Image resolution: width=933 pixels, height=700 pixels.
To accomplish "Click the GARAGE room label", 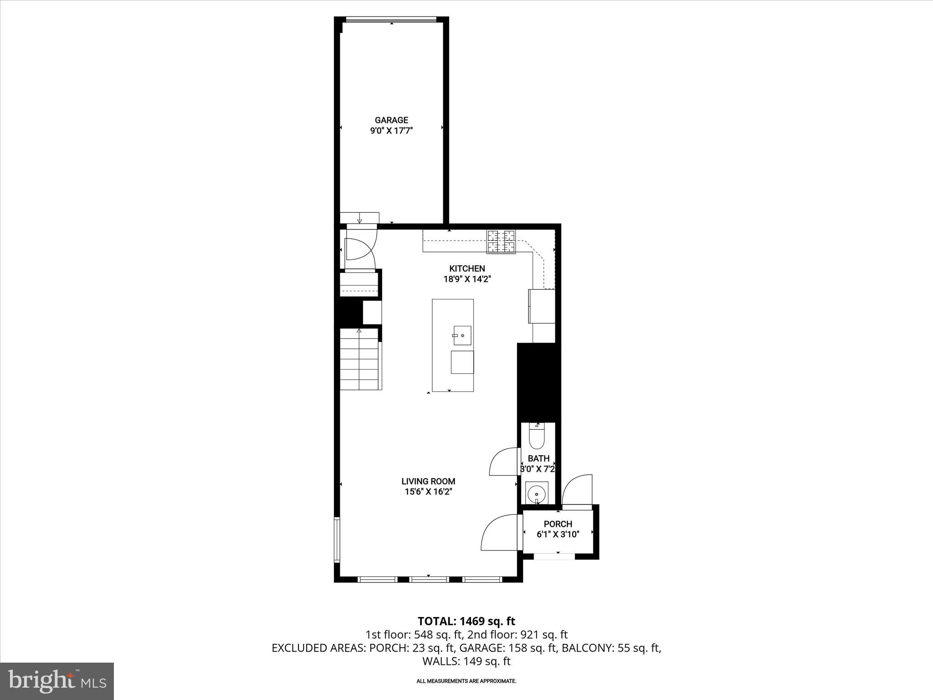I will (x=391, y=120).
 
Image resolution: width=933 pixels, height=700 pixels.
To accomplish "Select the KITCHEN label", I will (x=467, y=269).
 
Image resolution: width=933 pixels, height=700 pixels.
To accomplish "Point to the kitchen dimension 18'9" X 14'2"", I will (x=467, y=279).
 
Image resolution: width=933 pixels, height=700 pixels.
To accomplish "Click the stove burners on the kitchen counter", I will (x=502, y=242).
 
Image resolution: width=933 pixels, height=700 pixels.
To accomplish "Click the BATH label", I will (x=538, y=458).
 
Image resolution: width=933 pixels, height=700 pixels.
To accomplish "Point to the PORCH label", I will (x=558, y=524).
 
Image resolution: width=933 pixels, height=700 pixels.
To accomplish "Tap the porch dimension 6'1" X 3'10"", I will (x=558, y=535).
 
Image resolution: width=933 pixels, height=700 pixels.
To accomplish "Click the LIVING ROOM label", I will (x=428, y=481).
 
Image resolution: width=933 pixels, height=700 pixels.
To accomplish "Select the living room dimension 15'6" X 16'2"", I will (x=428, y=492).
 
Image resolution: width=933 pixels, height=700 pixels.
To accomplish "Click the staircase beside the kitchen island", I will (x=359, y=360).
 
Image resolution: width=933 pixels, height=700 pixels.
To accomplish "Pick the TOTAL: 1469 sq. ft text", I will (x=466, y=621).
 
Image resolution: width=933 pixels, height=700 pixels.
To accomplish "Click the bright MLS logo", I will (x=57, y=681).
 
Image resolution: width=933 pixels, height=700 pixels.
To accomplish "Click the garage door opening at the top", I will (x=391, y=19).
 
